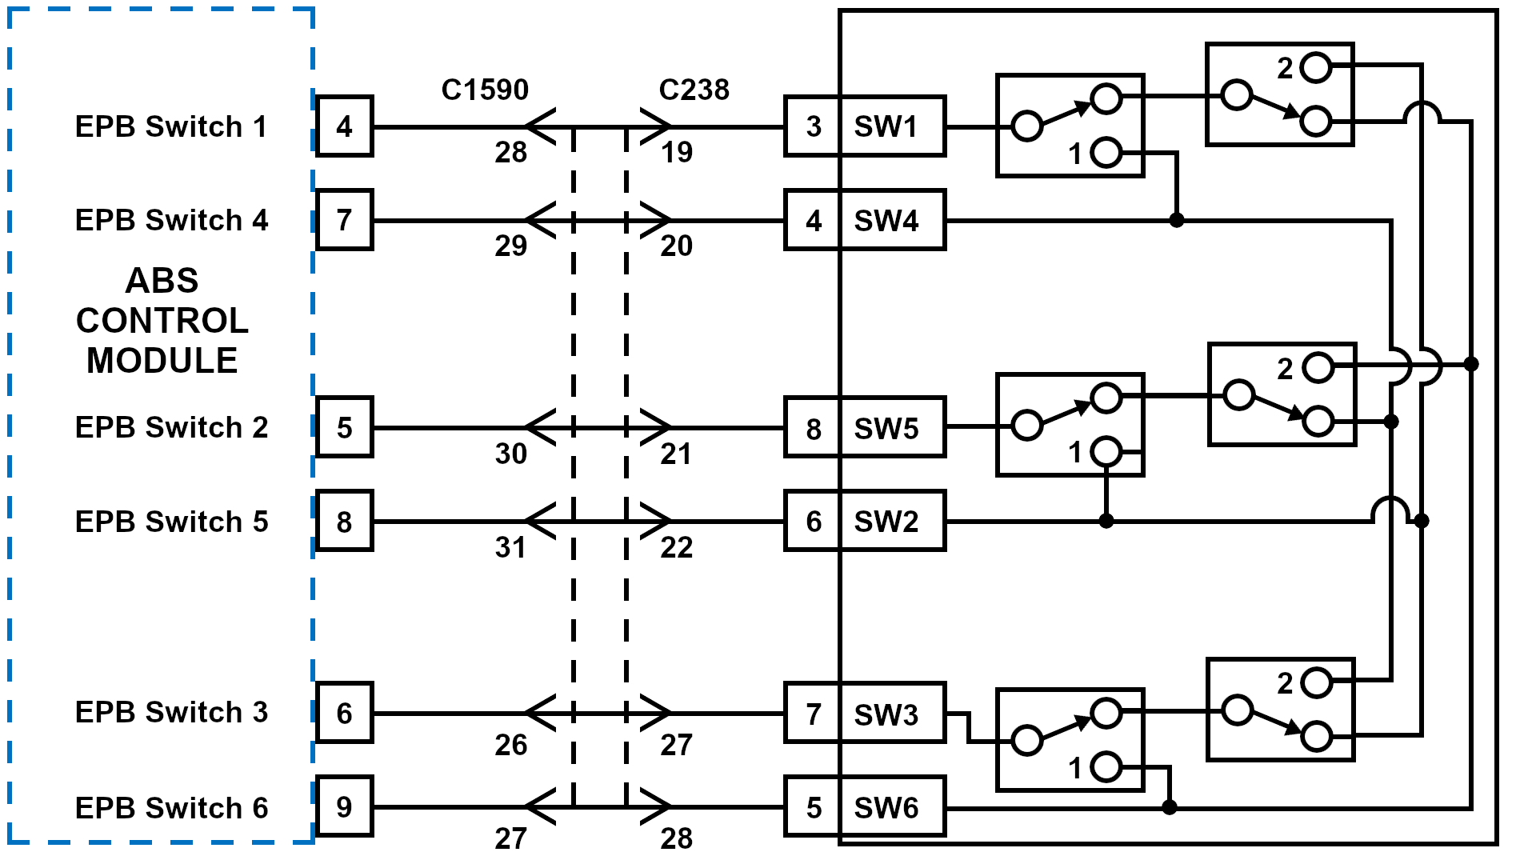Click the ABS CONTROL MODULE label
pos(162,321)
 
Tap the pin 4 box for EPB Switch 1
pos(344,126)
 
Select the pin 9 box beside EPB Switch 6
pos(344,807)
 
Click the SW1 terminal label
pos(886,126)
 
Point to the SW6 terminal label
pos(886,808)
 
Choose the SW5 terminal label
pos(886,429)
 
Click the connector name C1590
pos(485,90)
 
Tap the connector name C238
pos(694,90)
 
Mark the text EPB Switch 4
pos(171,220)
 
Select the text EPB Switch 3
pos(171,712)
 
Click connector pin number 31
pos(510,547)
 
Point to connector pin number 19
pos(676,152)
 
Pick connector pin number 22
pos(676,547)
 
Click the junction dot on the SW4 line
pos(1176,220)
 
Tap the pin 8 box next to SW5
pos(813,429)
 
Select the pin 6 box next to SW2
pos(813,522)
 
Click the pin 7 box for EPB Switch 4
pos(344,220)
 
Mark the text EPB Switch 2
pos(171,427)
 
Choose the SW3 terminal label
pos(886,714)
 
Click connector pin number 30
pos(510,454)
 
